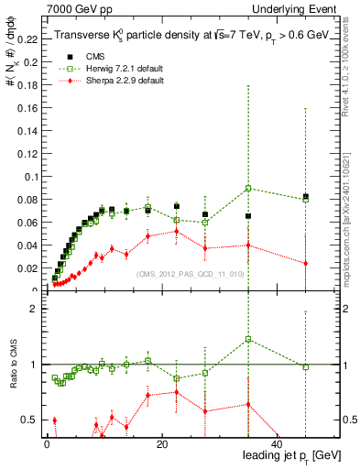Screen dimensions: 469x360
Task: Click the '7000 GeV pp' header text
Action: pyautogui.click(x=72, y=8)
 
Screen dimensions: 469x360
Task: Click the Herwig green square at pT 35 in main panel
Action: pyautogui.click(x=248, y=189)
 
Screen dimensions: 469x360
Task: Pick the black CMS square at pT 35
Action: pyautogui.click(x=248, y=216)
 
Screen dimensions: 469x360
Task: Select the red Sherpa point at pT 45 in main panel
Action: pyautogui.click(x=306, y=264)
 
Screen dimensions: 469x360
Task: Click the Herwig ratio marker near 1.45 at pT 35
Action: pyautogui.click(x=248, y=339)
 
